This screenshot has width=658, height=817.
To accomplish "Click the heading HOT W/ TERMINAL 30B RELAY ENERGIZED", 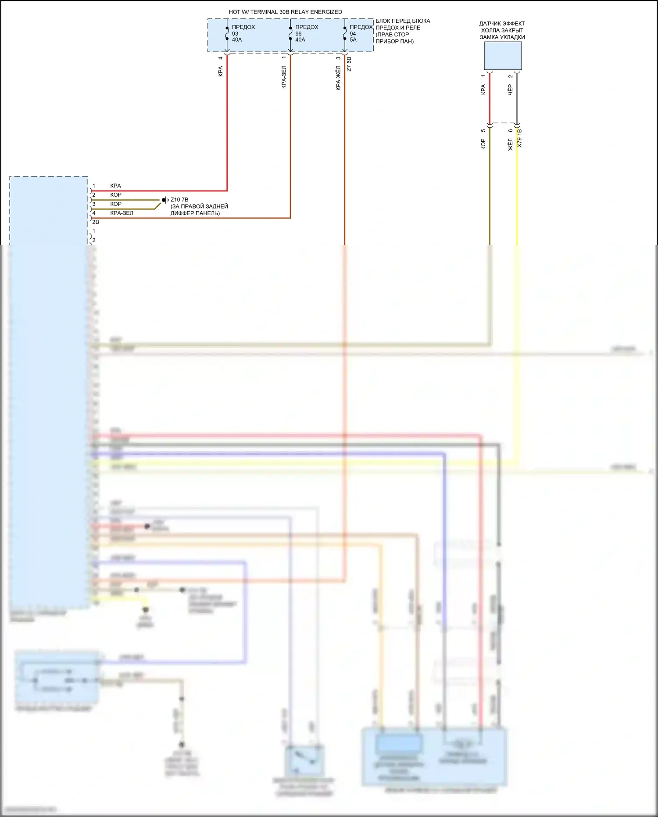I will [x=285, y=12].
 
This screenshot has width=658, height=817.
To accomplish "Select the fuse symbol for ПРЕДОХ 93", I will [x=227, y=33].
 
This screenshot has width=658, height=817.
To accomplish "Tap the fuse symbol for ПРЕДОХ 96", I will [x=290, y=33].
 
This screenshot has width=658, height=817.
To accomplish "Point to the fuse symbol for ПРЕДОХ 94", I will [x=345, y=33].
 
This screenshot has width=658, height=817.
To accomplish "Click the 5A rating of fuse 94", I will [x=353, y=40].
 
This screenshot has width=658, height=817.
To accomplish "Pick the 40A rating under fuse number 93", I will [x=237, y=40].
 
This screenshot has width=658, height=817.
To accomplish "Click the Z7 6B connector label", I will [x=349, y=64].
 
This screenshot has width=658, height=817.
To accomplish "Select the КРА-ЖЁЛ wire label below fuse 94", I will [x=338, y=78].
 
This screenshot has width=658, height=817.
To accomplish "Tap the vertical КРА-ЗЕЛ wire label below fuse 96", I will [x=284, y=77].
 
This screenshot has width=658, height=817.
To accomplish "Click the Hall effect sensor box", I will [x=503, y=56].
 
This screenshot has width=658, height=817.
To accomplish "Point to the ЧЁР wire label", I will [x=510, y=90].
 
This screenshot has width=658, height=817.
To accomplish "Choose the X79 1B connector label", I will [x=520, y=138].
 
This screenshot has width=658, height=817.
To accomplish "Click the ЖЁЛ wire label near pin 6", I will [x=510, y=144].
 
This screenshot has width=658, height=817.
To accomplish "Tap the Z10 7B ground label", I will [x=179, y=200].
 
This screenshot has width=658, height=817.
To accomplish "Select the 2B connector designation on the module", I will [x=96, y=222].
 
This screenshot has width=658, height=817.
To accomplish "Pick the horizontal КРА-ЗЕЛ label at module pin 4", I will [x=122, y=213].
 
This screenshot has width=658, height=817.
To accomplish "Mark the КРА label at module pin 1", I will [x=115, y=186].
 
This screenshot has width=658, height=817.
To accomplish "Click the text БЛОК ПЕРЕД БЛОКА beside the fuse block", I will [x=403, y=21].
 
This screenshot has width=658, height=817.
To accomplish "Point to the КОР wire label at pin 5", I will [x=483, y=144].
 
